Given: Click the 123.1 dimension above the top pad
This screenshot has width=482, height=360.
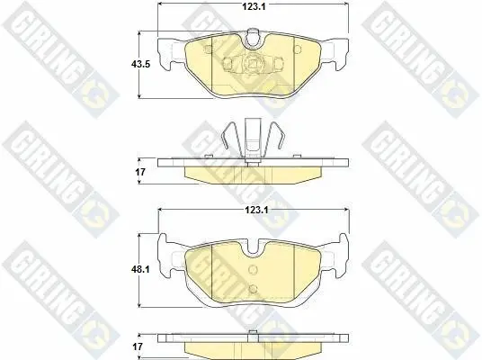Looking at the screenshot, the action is [254, 7].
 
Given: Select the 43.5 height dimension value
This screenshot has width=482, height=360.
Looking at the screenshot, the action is [140, 64].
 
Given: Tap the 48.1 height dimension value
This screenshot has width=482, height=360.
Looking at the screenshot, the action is [140, 269].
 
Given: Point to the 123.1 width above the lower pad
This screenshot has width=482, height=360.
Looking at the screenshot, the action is [256, 211].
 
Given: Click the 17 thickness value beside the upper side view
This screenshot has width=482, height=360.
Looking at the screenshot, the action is [140, 172].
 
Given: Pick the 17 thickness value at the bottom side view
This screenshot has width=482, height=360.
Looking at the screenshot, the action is [138, 346].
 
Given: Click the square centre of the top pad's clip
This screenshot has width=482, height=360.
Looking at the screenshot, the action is [253, 63].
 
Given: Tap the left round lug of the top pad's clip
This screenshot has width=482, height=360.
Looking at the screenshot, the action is [227, 63].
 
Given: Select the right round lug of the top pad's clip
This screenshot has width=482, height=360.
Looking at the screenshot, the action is [278, 63].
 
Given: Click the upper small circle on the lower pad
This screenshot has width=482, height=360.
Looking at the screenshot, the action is [253, 270].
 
